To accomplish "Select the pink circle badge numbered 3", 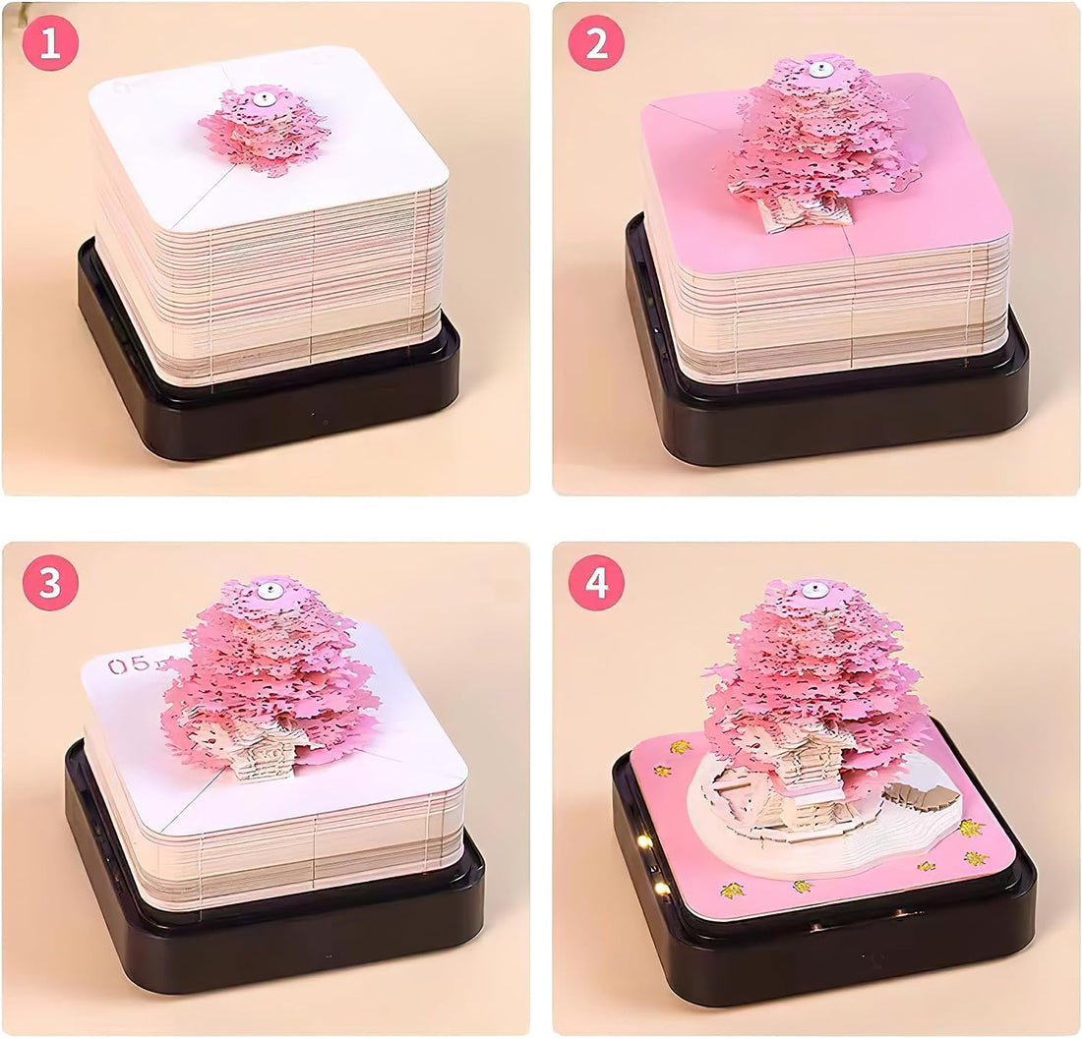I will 50,584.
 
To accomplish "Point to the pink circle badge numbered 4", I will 596,584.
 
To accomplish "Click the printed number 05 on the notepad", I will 128,665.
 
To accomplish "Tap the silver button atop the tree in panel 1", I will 263,99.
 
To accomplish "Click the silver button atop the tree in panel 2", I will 816,70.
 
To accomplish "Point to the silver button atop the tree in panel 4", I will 814,592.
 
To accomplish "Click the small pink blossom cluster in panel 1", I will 264,133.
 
